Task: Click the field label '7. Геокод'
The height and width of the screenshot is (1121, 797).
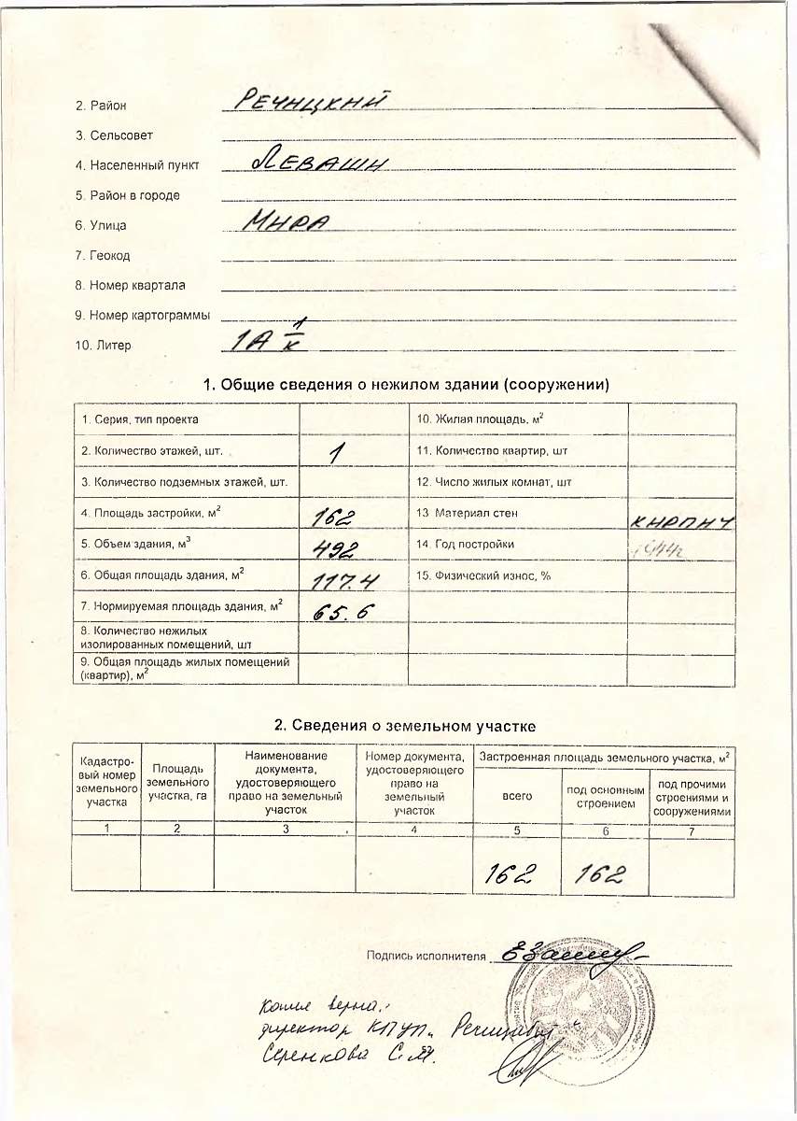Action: click(103, 255)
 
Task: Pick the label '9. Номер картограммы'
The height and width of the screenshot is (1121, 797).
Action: click(143, 315)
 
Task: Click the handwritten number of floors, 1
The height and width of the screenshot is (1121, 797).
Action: click(337, 453)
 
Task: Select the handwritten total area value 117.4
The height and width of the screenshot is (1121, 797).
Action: click(345, 582)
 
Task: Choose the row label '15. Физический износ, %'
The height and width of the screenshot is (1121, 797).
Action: click(483, 575)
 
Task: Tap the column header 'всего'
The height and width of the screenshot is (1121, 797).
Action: click(517, 796)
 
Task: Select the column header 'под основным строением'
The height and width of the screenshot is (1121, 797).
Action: click(605, 797)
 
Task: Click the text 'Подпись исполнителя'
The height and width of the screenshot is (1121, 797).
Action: click(427, 956)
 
